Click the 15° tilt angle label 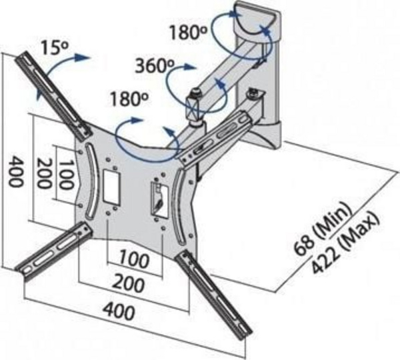click(x=55, y=47)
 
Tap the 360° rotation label click(x=155, y=65)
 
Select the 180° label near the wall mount click(x=188, y=32)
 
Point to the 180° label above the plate click(x=129, y=99)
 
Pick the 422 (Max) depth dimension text click(x=345, y=243)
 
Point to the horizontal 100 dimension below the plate click(x=134, y=259)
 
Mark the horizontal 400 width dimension click(x=119, y=311)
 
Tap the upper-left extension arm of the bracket click(x=53, y=96)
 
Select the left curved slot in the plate click(x=90, y=181)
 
